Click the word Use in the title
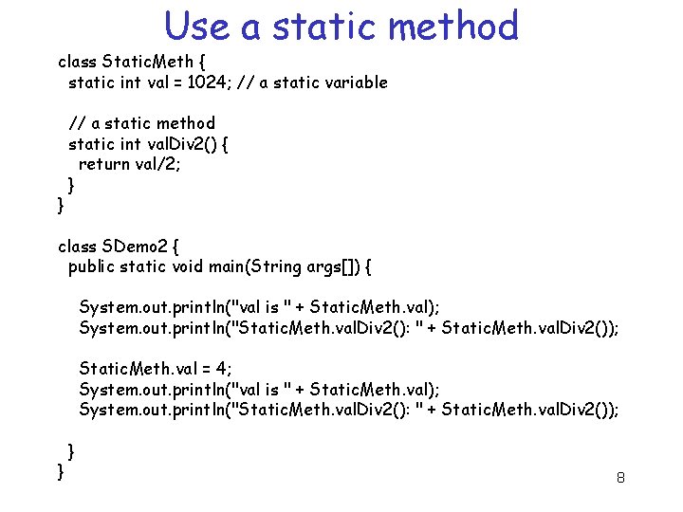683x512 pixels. tap(197, 27)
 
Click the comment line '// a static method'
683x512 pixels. tap(141, 123)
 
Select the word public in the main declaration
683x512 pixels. tap(92, 267)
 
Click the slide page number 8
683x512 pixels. tap(620, 478)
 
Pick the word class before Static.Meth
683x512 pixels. tap(78, 62)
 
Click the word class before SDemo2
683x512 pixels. tap(78, 247)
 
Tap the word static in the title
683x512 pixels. tap(323, 27)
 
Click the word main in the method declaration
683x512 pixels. tap(229, 267)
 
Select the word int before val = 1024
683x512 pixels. tap(131, 82)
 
